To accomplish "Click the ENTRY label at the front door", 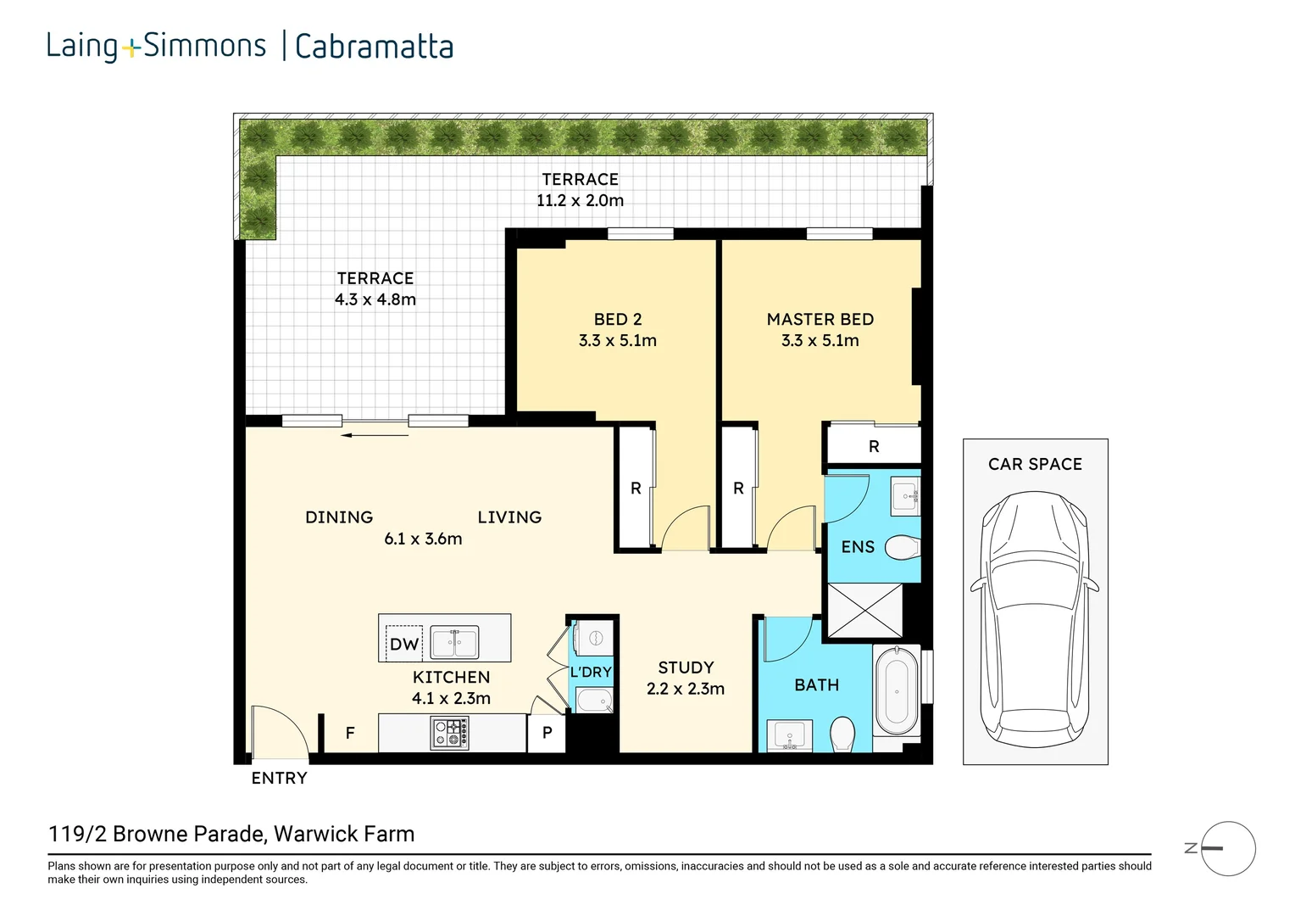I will (x=279, y=778).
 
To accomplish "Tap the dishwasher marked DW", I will (x=403, y=644).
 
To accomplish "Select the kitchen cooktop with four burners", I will (x=449, y=733).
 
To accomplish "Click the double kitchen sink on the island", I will (x=454, y=642).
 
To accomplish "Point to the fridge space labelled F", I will (x=350, y=733).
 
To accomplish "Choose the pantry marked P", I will (x=547, y=733).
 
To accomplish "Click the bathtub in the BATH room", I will (x=896, y=691).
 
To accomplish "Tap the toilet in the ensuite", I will (x=902, y=548).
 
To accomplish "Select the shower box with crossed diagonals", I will (x=864, y=611).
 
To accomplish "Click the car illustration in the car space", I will (x=1035, y=619).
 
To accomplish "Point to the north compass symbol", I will (x=1227, y=848).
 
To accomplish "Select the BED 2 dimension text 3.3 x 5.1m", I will (x=617, y=341).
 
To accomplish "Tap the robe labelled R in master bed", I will (x=874, y=446).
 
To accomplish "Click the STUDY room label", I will (x=686, y=667).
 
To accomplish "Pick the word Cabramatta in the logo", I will (x=374, y=47).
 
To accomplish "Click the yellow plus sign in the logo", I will (x=131, y=49).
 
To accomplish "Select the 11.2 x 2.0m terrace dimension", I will (x=580, y=201).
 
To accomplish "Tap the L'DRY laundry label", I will (x=591, y=672).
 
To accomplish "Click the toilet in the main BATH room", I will (x=842, y=734).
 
